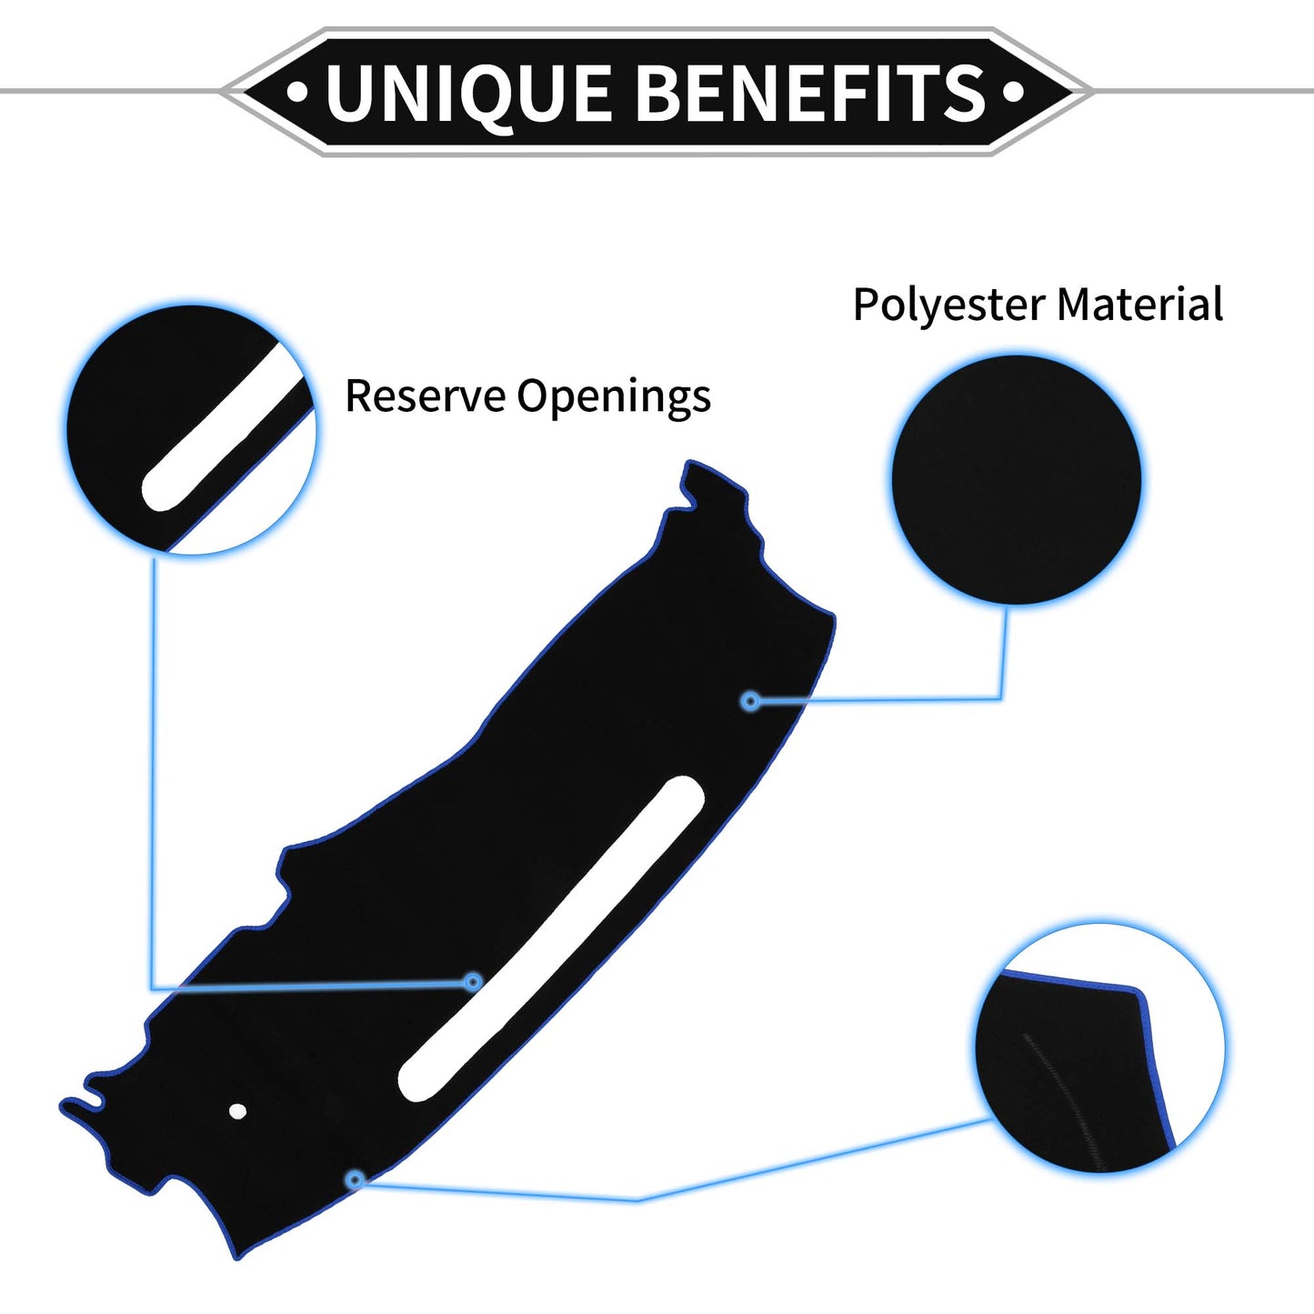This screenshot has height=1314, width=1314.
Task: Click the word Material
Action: pos(1140,304)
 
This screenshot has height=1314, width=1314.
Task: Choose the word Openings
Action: pos(614,397)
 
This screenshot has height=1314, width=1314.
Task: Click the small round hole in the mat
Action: pos(237,1111)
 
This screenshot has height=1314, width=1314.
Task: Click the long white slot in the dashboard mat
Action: pos(551,938)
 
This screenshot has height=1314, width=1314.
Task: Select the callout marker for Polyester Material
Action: pos(751,700)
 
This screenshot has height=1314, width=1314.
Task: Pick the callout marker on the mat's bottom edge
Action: pos(355,1179)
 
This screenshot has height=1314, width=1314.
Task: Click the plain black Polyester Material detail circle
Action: pos(1016,479)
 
